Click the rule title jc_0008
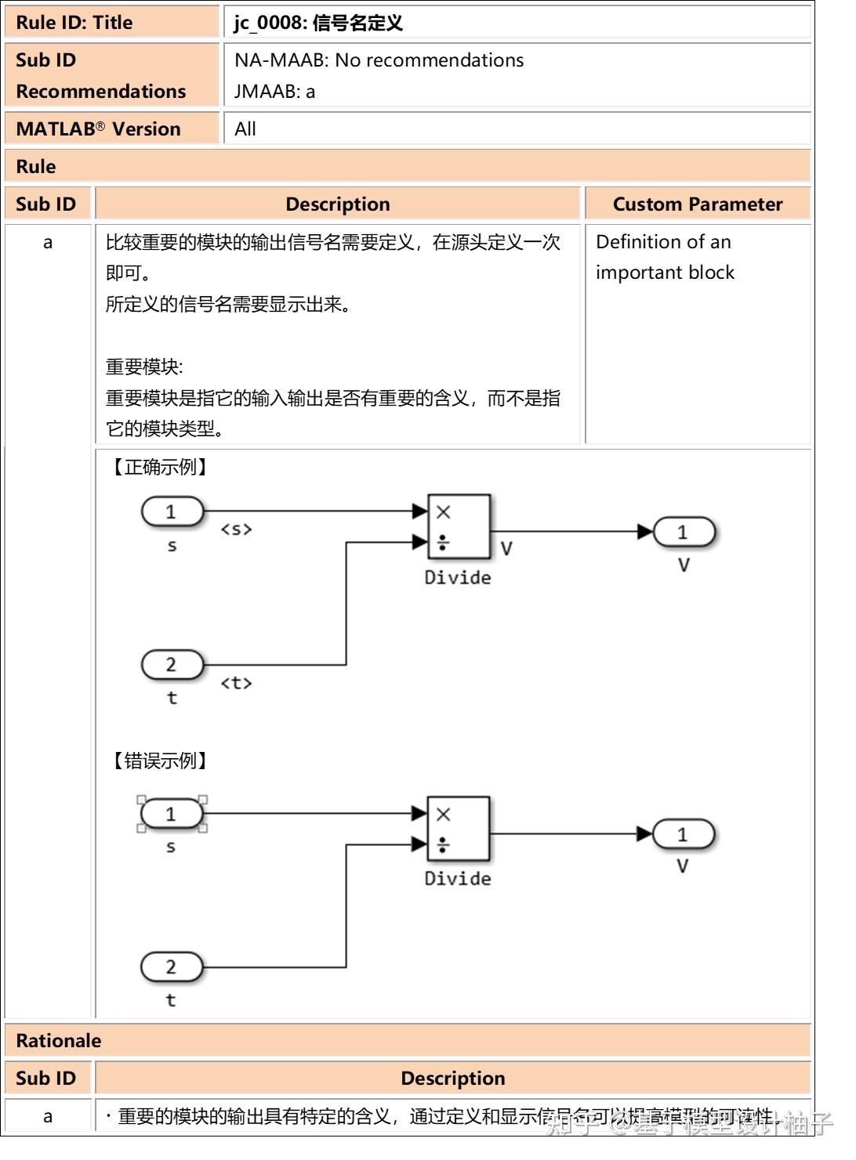(x=318, y=23)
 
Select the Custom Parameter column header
(x=698, y=204)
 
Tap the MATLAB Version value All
(x=245, y=129)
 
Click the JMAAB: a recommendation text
(x=274, y=92)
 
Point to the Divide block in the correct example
(x=459, y=526)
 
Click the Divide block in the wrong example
(x=459, y=829)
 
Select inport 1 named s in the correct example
(x=172, y=512)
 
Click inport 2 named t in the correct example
(x=172, y=665)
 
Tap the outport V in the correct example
(x=684, y=533)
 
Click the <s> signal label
(x=236, y=529)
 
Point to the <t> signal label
(x=236, y=683)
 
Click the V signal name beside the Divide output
(x=506, y=548)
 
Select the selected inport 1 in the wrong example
(x=172, y=815)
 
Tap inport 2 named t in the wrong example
(x=172, y=967)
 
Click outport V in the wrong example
(x=684, y=835)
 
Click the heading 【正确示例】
(x=160, y=468)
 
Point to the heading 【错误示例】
(x=160, y=761)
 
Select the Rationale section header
(x=59, y=1041)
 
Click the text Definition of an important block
(x=664, y=257)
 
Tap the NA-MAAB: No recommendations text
(x=379, y=60)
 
